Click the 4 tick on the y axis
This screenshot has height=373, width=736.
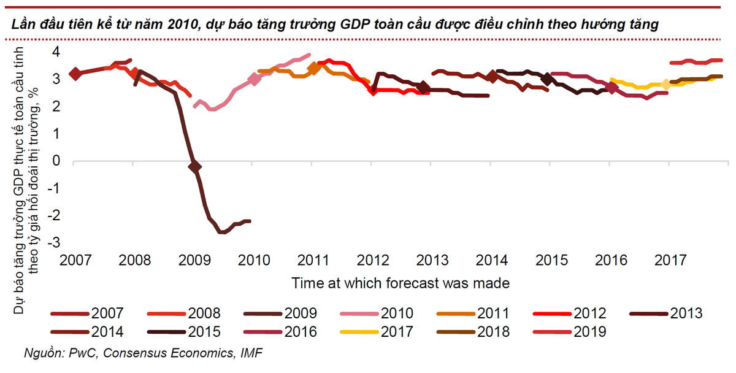pos(56,52)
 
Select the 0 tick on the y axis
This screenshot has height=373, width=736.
pos(56,161)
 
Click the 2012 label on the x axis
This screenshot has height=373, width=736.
pos(372,261)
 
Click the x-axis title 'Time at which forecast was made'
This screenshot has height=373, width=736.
pos(401,283)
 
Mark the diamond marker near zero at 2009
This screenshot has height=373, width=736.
pos(194,166)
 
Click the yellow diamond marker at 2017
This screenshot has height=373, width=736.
pos(667,85)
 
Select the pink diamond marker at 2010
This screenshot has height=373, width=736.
pos(255,79)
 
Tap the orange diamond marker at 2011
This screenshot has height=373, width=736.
pos(313,68)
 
